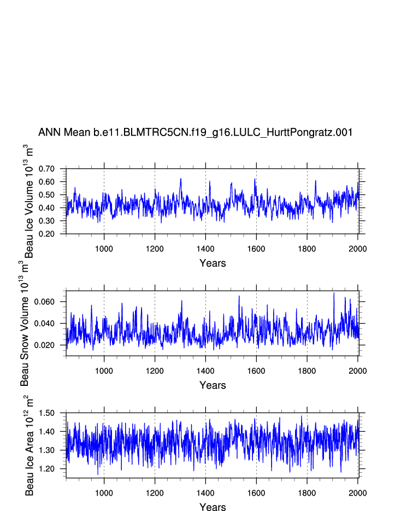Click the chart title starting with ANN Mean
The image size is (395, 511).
(195, 133)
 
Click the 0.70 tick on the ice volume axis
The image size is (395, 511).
(51, 168)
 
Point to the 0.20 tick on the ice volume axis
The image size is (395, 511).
(51, 234)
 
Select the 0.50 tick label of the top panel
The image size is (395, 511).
(51, 195)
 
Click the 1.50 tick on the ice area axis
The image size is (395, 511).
(51, 413)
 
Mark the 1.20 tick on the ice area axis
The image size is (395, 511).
(51, 469)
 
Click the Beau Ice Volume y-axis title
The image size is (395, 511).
(29, 201)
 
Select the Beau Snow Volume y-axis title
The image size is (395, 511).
(25, 323)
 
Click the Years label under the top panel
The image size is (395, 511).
(213, 263)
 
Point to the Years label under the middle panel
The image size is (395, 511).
(213, 385)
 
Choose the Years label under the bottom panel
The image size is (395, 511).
(213, 507)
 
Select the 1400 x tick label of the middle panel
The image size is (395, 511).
(205, 371)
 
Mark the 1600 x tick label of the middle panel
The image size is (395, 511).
(256, 371)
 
